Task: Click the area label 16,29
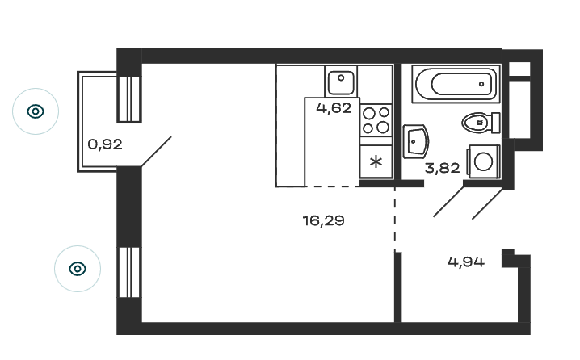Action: [x=323, y=220]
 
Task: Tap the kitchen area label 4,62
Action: [x=334, y=108]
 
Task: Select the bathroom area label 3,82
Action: [x=443, y=168]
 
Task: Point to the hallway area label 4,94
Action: [x=466, y=262]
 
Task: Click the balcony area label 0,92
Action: [x=105, y=144]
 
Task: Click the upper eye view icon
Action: [x=36, y=111]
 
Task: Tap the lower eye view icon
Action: [x=78, y=269]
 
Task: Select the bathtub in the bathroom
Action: [x=456, y=84]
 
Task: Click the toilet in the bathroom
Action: [x=481, y=123]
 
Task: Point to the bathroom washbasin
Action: [x=415, y=141]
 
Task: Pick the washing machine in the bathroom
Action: [x=483, y=161]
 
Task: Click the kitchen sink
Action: [x=341, y=82]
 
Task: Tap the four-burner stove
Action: [x=376, y=120]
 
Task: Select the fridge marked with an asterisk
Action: [x=376, y=161]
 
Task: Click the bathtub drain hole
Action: [x=481, y=84]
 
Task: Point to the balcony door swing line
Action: [x=156, y=152]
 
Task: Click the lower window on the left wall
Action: [x=129, y=272]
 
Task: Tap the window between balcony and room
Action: [x=129, y=99]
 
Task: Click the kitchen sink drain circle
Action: [x=341, y=78]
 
